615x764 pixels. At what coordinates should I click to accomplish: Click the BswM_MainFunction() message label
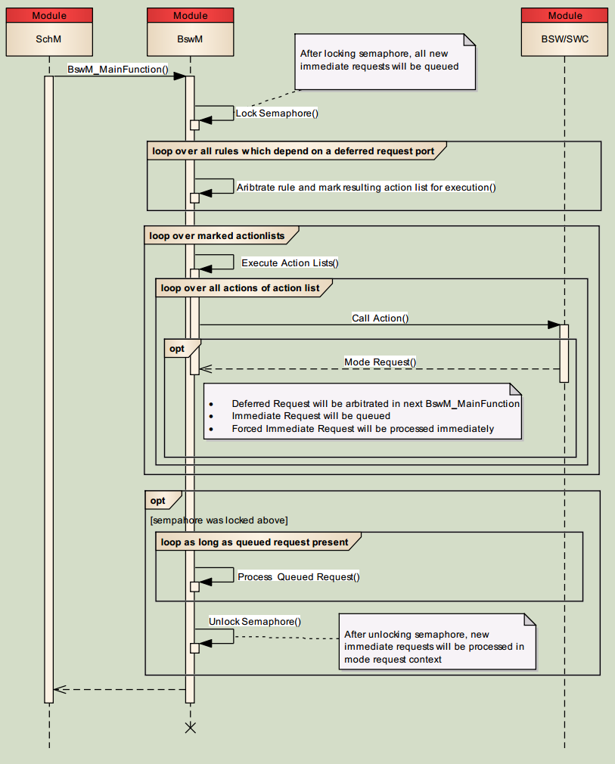point(118,69)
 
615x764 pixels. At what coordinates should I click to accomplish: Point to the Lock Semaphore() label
point(277,113)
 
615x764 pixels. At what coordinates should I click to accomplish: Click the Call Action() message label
point(380,318)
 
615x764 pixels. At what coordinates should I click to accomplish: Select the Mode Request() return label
point(380,362)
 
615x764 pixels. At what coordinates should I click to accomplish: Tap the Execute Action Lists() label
point(290,262)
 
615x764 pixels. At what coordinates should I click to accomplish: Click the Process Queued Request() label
point(299,576)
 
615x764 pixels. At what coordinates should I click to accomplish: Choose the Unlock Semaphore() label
point(255,621)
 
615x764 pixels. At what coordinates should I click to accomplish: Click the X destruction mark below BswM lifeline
point(191,728)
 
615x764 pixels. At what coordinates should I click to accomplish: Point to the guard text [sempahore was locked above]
point(219,520)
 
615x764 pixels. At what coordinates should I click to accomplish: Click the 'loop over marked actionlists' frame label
point(217,235)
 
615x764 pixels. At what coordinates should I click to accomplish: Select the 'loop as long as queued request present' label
point(254,542)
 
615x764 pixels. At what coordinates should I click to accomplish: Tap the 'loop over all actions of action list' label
point(240,287)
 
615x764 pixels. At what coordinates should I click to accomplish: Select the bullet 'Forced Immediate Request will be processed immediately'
point(362,428)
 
